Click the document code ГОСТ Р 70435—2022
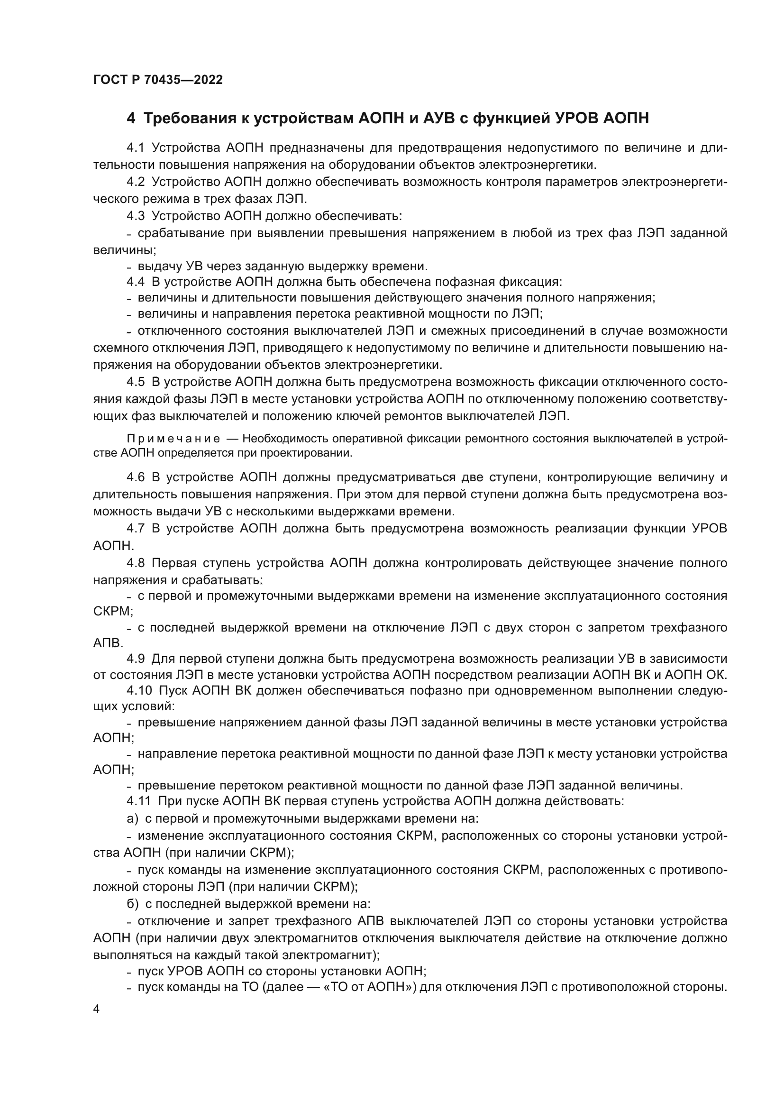pos(158,80)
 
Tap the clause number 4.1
pos(136,148)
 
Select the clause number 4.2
pos(136,182)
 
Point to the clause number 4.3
pos(136,216)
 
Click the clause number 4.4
pos(136,282)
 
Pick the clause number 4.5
pos(136,382)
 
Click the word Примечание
pos(174,439)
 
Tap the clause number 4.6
pos(136,477)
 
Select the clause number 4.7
pos(136,528)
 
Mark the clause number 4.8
pos(136,563)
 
